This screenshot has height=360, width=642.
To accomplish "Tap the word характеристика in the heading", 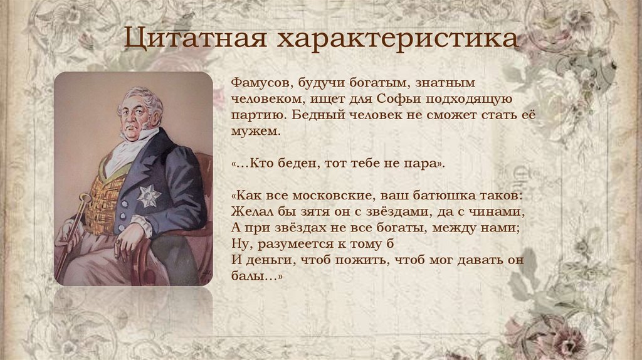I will (x=398, y=38).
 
